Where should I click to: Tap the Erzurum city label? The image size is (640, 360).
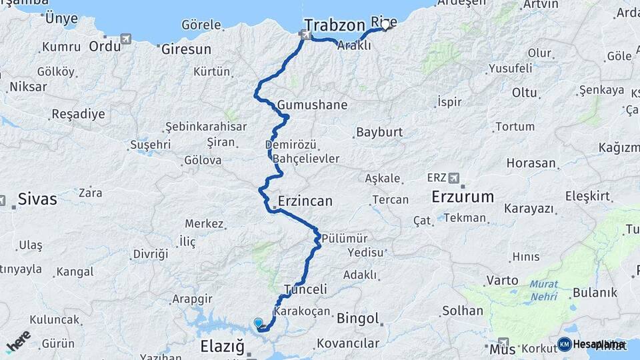click(x=463, y=197)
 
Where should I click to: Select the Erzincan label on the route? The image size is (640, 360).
click(x=305, y=201)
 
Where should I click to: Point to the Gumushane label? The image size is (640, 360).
click(x=313, y=105)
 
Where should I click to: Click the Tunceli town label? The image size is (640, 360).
click(x=305, y=289)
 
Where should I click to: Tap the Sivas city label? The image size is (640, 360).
click(x=37, y=199)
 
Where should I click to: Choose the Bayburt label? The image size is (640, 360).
click(x=379, y=132)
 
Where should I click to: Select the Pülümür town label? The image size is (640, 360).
click(x=344, y=237)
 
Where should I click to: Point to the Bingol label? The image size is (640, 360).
click(x=358, y=318)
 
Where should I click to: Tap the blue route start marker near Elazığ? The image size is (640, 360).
click(x=259, y=323)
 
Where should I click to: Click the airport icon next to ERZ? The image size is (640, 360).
click(x=455, y=178)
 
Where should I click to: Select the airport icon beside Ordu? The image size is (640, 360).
click(x=126, y=39)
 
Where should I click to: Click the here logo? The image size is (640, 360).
click(x=18, y=341)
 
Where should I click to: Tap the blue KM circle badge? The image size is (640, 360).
click(x=564, y=344)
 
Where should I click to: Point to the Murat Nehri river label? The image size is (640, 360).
click(x=544, y=289)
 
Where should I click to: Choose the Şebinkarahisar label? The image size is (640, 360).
click(x=206, y=127)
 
